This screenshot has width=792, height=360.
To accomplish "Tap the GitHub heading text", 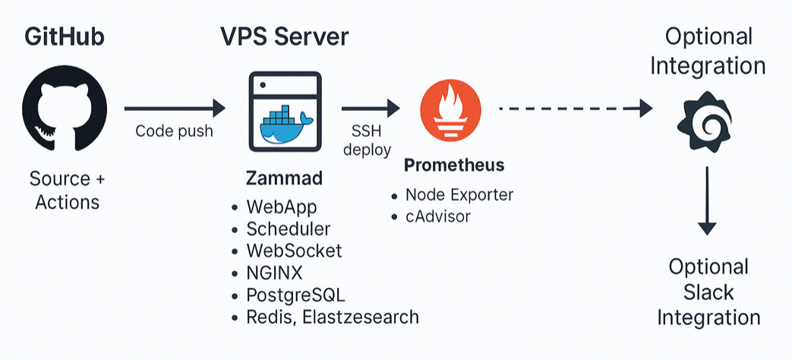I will (x=64, y=37).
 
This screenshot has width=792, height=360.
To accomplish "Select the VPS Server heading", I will (x=285, y=37).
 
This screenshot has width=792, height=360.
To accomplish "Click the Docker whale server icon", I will (x=285, y=109).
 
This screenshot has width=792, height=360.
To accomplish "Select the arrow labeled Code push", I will (x=175, y=108).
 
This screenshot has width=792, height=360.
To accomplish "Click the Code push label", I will (x=174, y=131).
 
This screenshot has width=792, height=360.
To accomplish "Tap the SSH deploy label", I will (x=367, y=140).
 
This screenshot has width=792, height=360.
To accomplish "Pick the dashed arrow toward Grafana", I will (x=575, y=109).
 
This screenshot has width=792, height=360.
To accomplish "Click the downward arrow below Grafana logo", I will (x=707, y=201).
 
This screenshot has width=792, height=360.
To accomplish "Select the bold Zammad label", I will (x=284, y=179).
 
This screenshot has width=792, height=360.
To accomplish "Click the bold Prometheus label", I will (x=454, y=165).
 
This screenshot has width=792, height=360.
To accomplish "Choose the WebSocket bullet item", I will (x=294, y=251).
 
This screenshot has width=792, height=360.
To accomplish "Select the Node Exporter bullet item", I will (x=459, y=195).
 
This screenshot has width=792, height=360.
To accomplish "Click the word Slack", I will (x=708, y=292).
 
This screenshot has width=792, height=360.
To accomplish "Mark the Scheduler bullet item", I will (x=288, y=229).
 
